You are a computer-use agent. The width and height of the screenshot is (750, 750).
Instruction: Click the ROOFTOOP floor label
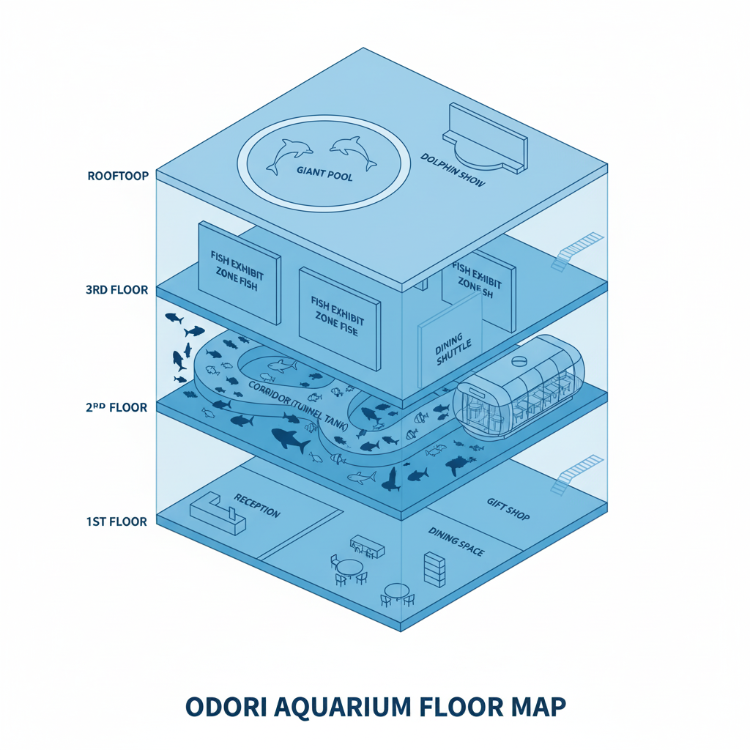point(118,176)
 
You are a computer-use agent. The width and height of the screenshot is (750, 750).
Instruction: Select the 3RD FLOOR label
point(116,290)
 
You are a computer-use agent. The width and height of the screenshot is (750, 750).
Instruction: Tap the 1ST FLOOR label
point(116,521)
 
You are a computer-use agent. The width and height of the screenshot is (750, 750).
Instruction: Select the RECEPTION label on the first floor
point(256,505)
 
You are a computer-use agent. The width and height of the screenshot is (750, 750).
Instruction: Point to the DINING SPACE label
point(456,542)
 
